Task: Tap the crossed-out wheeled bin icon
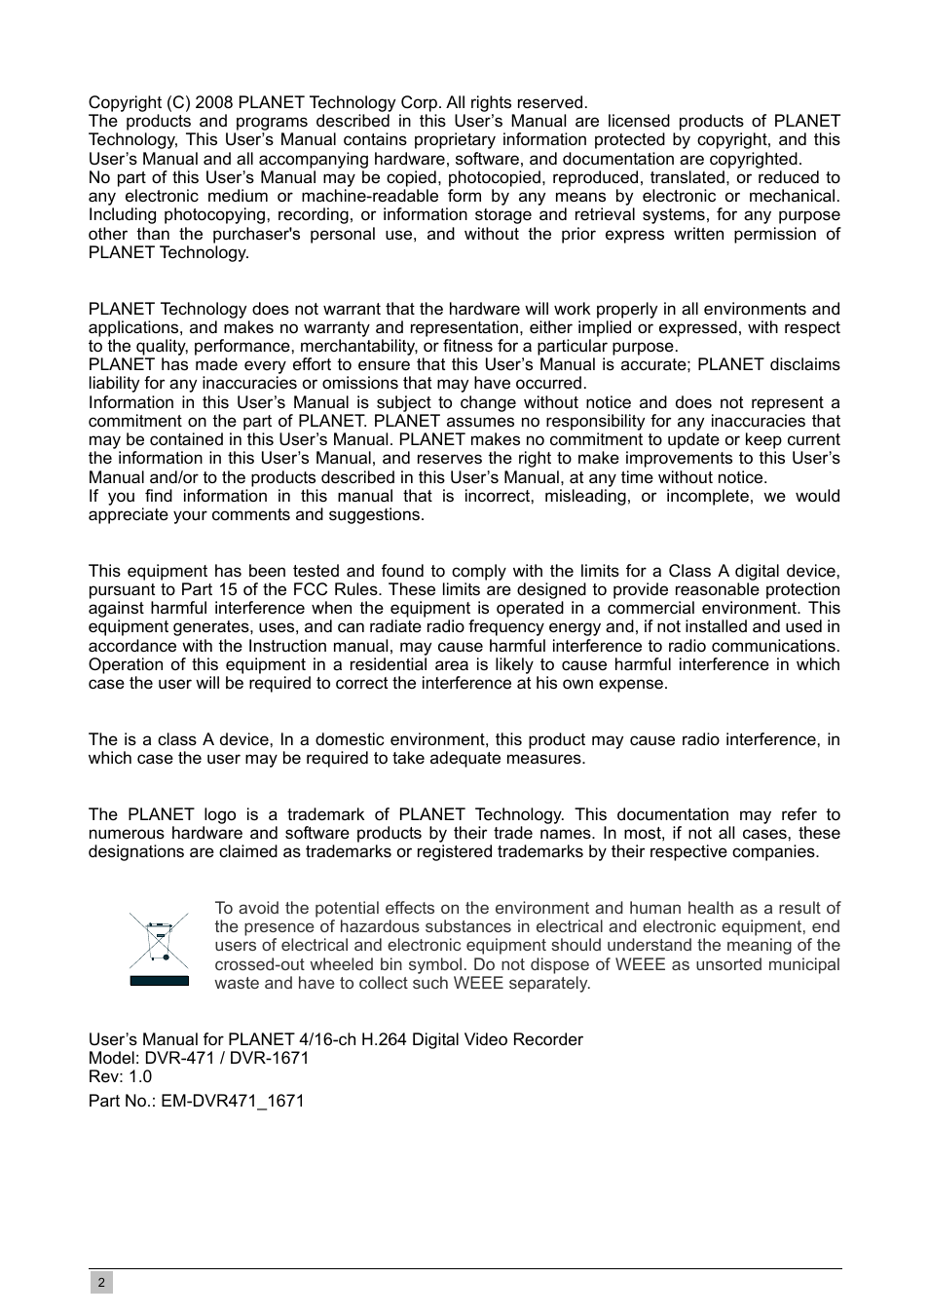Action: coord(159,940)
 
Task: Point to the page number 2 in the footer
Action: coord(101,1283)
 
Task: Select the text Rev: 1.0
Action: coord(120,1076)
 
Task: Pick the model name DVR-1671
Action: coord(268,1058)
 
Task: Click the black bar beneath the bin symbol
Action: coord(159,980)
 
